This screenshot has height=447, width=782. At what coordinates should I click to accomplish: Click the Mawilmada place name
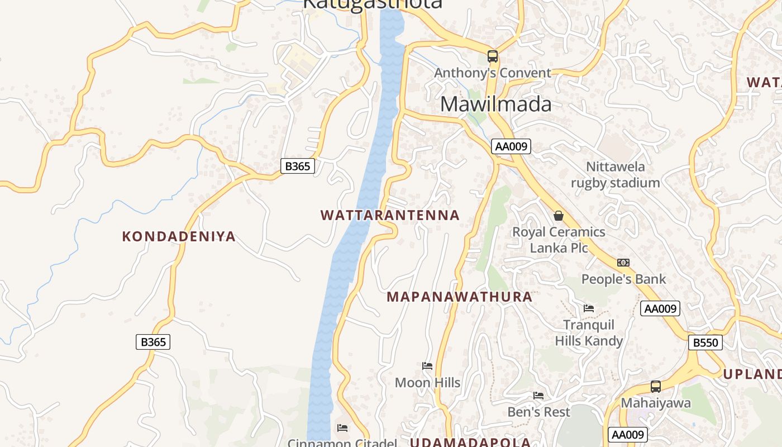(495, 104)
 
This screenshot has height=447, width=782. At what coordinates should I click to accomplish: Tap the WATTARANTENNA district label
(390, 215)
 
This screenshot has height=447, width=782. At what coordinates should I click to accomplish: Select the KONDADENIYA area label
(179, 236)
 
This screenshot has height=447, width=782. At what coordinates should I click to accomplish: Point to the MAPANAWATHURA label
(459, 297)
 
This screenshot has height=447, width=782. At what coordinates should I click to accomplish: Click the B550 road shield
(705, 343)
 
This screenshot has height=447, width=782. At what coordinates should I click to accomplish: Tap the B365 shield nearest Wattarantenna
(297, 166)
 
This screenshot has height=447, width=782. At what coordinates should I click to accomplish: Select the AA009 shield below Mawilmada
(511, 146)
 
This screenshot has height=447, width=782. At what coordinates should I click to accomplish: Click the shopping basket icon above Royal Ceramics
(558, 216)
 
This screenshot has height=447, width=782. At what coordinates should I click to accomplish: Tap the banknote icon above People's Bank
(623, 263)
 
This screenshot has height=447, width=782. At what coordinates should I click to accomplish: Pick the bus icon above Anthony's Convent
(492, 56)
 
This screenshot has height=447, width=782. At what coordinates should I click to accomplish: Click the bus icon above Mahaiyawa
(656, 387)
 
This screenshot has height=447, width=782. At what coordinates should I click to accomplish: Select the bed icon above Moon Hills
(427, 367)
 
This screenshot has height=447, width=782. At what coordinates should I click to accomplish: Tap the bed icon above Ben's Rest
(538, 396)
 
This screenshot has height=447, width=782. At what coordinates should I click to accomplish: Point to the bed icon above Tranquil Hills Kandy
(588, 308)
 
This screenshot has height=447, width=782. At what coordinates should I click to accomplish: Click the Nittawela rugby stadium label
(615, 175)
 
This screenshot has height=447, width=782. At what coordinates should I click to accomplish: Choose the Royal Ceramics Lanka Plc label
(559, 240)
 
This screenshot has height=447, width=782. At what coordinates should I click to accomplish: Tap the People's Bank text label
(623, 279)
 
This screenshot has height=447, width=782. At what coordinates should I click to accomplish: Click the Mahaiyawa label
(656, 403)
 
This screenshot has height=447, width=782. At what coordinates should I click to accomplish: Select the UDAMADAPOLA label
(470, 443)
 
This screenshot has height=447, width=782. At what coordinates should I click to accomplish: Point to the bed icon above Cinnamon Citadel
(342, 428)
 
